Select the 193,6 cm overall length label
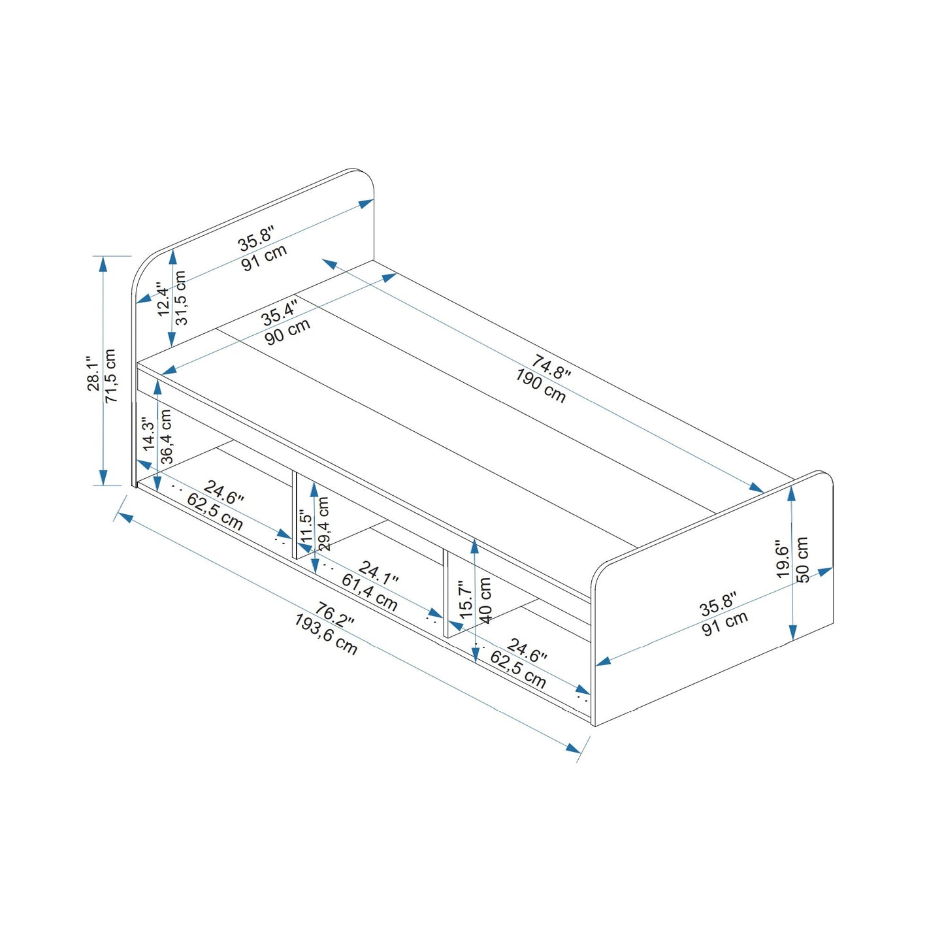click(325, 634)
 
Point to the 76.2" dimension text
click(334, 615)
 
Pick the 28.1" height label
click(93, 374)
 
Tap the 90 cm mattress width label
click(287, 333)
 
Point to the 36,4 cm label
click(166, 436)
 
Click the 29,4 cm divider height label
click(323, 523)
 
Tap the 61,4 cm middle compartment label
click(369, 593)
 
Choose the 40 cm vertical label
click(485, 600)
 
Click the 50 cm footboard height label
click(802, 559)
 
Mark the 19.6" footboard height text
click(783, 559)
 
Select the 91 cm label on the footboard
click(724, 625)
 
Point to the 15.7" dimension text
click(466, 600)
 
